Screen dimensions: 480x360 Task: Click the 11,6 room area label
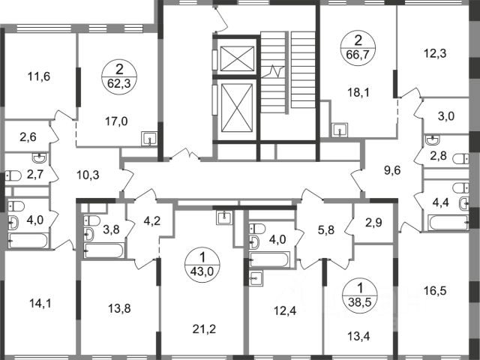tap(39, 76)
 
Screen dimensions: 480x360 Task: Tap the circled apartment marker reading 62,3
tap(119, 76)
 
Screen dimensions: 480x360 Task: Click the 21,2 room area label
tap(205, 329)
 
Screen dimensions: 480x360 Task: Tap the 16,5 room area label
tap(435, 290)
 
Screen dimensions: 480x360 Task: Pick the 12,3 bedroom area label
tap(435, 53)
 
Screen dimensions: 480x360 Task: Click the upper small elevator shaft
tap(237, 58)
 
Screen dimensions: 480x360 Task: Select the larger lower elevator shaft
tap(237, 108)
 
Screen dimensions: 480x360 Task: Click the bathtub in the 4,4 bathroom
tap(448, 222)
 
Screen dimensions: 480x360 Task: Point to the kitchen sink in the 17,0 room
tap(149, 139)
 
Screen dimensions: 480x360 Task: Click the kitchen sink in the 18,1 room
tap(340, 130)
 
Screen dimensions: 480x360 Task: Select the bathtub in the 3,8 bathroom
tap(104, 250)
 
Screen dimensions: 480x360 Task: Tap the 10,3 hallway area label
tap(88, 175)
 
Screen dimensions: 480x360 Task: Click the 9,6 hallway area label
tap(393, 170)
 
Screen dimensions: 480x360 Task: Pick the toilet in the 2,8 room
tap(460, 159)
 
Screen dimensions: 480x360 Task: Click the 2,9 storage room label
tap(373, 223)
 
